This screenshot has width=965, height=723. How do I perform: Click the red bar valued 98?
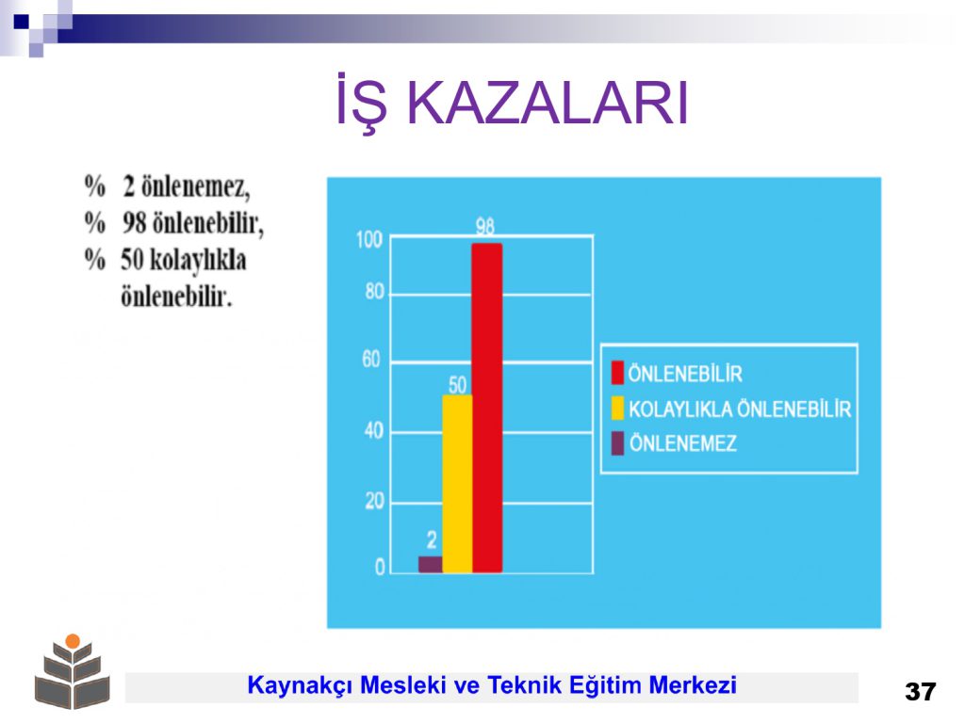tap(487, 409)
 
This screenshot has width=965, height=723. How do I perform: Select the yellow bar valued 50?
tap(457, 484)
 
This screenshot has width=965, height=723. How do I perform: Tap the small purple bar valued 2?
tap(430, 565)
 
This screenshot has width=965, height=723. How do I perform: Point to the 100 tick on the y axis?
tap(369, 239)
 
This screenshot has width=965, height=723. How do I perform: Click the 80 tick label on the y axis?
tap(374, 292)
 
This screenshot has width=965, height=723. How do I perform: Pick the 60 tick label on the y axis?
tap(371, 359)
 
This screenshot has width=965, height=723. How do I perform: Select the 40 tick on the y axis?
tap(373, 430)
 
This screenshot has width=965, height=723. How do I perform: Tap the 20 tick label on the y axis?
tap(374, 501)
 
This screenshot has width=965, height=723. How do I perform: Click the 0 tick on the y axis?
tap(380, 567)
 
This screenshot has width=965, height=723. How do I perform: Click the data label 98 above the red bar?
tap(485, 227)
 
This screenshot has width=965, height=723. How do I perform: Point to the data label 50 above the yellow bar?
tap(457, 385)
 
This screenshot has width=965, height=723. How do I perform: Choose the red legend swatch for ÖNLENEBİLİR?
tap(616, 373)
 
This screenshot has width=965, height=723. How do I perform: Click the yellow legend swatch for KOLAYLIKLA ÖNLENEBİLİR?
tap(617, 409)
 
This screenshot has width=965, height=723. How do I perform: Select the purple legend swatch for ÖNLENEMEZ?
tap(617, 443)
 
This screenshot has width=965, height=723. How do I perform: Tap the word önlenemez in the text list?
tap(195, 185)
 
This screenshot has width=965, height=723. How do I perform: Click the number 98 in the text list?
tap(134, 222)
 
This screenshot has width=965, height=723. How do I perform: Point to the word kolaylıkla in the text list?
tap(198, 261)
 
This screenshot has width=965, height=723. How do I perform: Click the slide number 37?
tap(920, 691)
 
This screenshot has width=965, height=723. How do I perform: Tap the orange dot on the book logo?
tap(73, 641)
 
